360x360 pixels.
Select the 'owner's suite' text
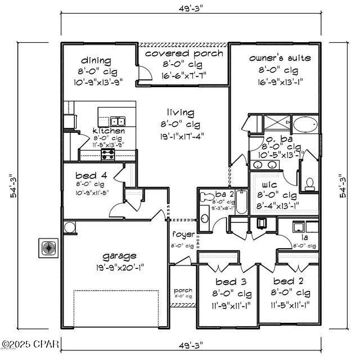coord(280,58)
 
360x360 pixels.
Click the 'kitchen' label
coord(109,130)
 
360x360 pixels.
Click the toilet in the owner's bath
coord(309,183)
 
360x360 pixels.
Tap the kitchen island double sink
coord(118,120)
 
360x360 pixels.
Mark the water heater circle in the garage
coord(70,227)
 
